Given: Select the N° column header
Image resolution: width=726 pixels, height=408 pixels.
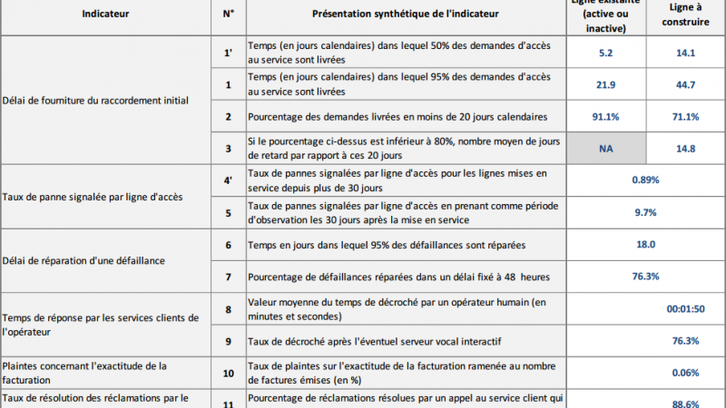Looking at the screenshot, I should point(229,15).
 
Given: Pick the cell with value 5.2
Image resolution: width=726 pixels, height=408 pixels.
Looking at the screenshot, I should point(606,53).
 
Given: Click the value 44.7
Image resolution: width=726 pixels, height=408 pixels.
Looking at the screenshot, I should point(685,84).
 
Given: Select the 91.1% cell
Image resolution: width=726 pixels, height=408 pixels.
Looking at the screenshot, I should point(606,116).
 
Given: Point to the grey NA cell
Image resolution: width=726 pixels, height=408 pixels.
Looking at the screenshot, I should point(606,149).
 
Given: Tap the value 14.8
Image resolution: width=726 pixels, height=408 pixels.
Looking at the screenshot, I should point(685,149).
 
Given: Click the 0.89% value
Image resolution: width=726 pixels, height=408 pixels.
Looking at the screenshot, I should point(644,180).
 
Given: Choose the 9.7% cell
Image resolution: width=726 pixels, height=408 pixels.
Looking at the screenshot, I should point(644,212).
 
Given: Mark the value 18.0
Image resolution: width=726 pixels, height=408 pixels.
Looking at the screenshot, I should point(644,244).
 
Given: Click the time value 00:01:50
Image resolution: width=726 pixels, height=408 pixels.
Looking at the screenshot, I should point(684,308).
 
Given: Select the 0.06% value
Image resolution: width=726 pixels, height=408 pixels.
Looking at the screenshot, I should point(684,373).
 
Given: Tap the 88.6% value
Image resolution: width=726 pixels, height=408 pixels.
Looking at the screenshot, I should point(684,403).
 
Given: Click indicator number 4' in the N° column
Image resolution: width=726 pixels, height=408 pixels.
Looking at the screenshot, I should point(229,180).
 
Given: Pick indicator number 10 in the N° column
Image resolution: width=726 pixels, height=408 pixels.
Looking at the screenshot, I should point(229,373).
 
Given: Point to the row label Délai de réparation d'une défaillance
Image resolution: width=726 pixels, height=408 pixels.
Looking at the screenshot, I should point(83,261).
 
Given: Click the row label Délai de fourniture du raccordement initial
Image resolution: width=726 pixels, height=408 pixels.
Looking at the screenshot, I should point(94,100).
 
